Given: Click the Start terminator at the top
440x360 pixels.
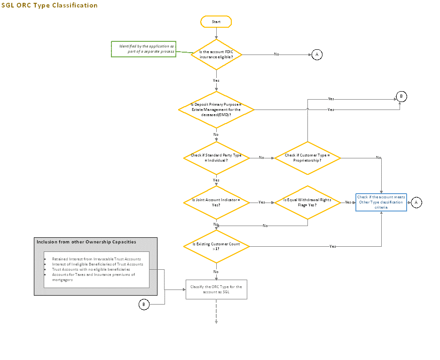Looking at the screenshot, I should (x=216, y=22).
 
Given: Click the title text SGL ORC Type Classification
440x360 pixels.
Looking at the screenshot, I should (x=49, y=5).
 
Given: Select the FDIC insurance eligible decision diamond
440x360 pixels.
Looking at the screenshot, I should (x=216, y=54).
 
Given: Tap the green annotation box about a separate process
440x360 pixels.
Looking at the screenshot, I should (x=143, y=49).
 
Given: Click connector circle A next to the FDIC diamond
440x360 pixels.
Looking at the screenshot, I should (x=316, y=55).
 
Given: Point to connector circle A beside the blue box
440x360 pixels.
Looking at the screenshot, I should (x=416, y=203).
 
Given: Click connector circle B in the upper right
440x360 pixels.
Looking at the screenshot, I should (x=401, y=97).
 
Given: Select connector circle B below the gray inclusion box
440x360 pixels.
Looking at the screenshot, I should (x=144, y=305).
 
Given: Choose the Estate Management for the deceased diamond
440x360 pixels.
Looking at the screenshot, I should (x=216, y=110).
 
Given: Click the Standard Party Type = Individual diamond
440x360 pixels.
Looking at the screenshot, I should (x=216, y=158).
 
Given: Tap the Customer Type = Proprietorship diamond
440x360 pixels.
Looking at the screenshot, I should (x=307, y=158).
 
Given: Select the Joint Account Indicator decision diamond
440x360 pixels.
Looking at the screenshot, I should (x=216, y=202).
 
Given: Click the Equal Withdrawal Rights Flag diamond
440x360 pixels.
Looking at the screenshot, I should (x=307, y=202).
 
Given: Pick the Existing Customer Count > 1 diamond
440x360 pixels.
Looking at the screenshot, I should (x=216, y=246).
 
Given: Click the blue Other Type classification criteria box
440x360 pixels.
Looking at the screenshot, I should (x=381, y=202).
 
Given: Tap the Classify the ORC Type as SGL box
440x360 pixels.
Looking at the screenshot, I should (x=216, y=290).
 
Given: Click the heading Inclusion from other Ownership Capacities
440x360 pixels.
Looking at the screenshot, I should (x=86, y=242).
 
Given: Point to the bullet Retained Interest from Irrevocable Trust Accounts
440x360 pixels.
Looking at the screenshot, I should (x=96, y=259).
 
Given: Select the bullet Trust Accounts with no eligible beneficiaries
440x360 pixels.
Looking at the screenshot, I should (x=91, y=269).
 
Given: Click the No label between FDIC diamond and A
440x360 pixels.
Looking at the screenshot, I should (x=276, y=55).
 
